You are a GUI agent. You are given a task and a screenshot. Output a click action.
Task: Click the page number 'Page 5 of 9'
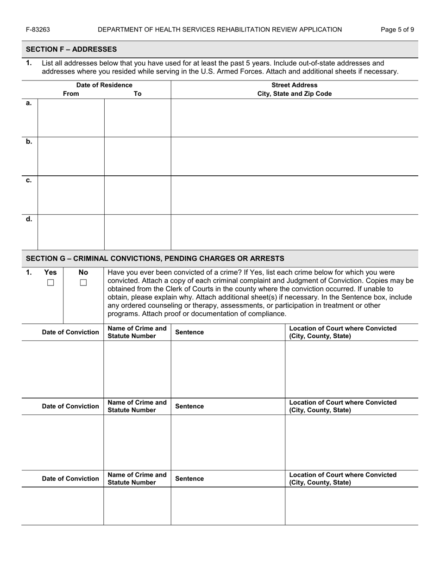[397, 30]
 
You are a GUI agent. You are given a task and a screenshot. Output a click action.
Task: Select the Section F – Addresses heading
[71, 49]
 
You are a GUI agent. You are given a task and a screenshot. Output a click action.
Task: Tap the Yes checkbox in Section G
[50, 283]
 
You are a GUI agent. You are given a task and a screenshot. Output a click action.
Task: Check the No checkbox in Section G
[83, 283]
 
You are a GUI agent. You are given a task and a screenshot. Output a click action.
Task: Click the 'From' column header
[71, 93]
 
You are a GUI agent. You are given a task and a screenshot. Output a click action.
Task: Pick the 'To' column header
[138, 93]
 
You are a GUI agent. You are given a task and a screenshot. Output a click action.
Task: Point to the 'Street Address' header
[294, 85]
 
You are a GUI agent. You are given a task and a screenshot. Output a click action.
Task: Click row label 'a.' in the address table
[29, 103]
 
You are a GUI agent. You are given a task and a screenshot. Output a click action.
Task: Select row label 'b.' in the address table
[29, 142]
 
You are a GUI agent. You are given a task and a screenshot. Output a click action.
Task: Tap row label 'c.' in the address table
[29, 180]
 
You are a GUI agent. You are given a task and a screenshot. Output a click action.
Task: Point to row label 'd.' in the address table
[29, 219]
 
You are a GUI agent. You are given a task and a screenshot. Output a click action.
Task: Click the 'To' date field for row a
[138, 118]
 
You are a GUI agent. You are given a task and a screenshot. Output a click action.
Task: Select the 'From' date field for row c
[71, 195]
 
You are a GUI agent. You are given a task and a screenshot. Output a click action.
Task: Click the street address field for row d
[294, 232]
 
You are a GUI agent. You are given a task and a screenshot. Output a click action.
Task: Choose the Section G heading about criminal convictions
[155, 258]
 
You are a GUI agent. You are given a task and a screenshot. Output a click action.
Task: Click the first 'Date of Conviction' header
[70, 332]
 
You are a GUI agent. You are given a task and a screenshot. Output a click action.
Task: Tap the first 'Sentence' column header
[189, 332]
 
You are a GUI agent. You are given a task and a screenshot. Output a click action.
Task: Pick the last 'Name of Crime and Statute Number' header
[137, 478]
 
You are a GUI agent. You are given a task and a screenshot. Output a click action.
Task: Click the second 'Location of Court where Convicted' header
[343, 406]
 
